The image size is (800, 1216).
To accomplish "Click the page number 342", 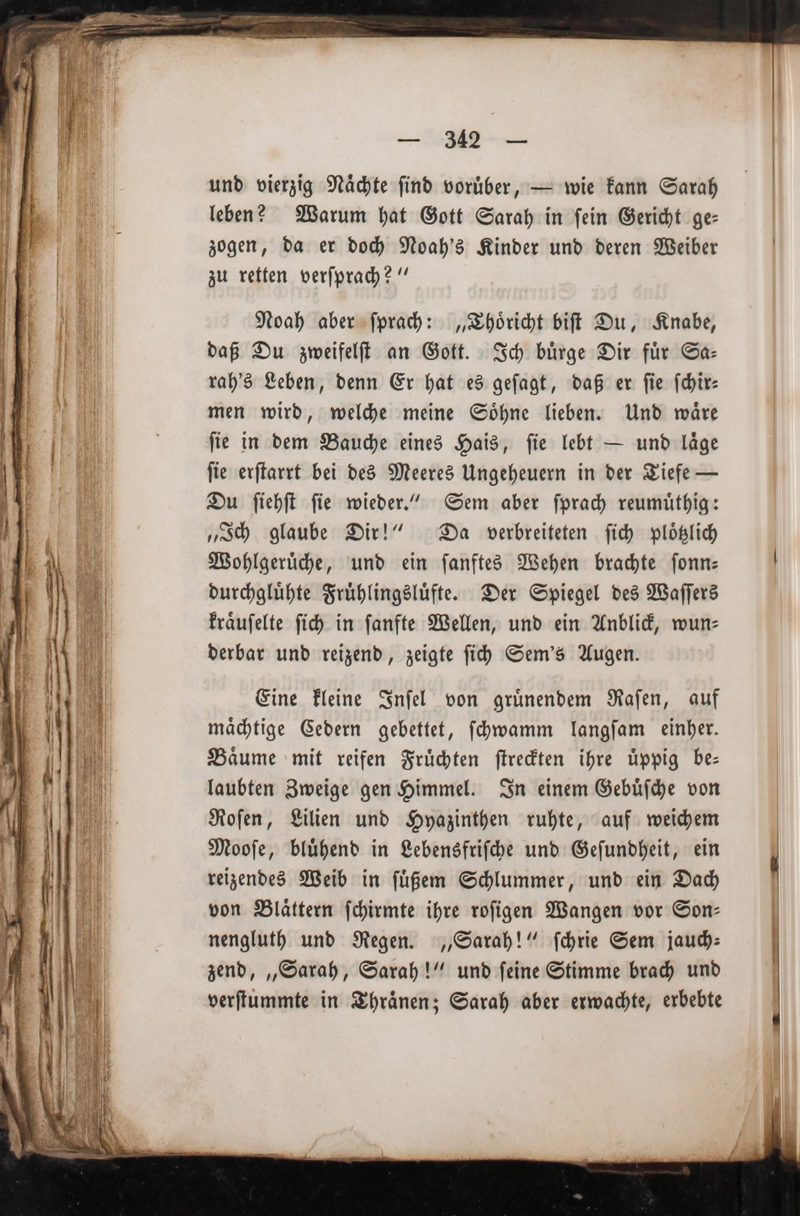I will coord(462,140).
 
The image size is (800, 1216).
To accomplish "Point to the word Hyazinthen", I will coord(456,820).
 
